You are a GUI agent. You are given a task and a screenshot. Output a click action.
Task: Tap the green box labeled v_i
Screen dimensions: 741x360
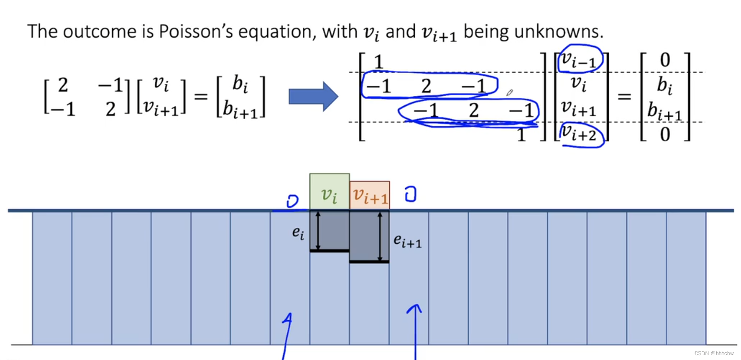[x=329, y=191]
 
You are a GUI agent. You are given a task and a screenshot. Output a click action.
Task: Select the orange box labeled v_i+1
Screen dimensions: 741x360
[x=369, y=195]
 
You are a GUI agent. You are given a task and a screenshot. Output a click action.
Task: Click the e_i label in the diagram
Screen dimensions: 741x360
[x=298, y=234]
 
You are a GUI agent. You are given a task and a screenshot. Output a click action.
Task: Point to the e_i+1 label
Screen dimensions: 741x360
[x=407, y=241]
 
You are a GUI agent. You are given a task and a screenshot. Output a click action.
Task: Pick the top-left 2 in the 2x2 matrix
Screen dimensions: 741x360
[x=62, y=85]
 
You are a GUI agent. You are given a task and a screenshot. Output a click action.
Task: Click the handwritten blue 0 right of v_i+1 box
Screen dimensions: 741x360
[x=410, y=194]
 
